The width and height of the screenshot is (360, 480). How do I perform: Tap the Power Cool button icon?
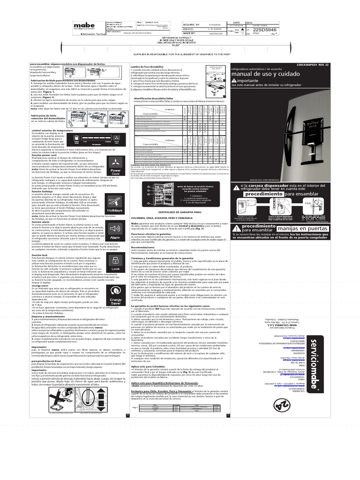tap(115, 171)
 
